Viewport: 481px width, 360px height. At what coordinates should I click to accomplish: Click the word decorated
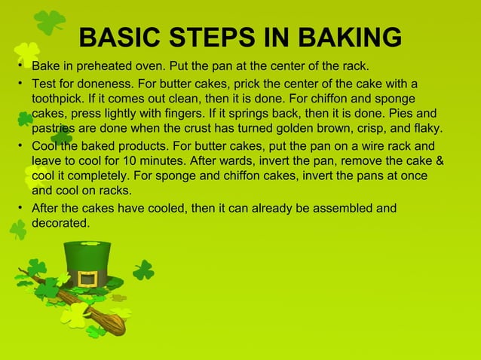[60, 223]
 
